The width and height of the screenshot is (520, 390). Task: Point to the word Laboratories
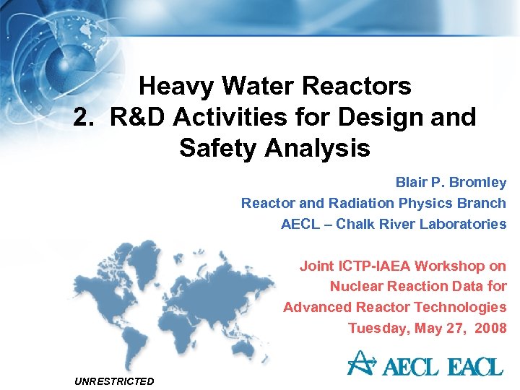click(x=461, y=224)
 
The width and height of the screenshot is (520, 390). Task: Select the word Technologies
click(x=467, y=308)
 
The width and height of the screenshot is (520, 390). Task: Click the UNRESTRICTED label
click(x=114, y=381)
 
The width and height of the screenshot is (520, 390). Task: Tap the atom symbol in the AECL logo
click(x=358, y=363)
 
